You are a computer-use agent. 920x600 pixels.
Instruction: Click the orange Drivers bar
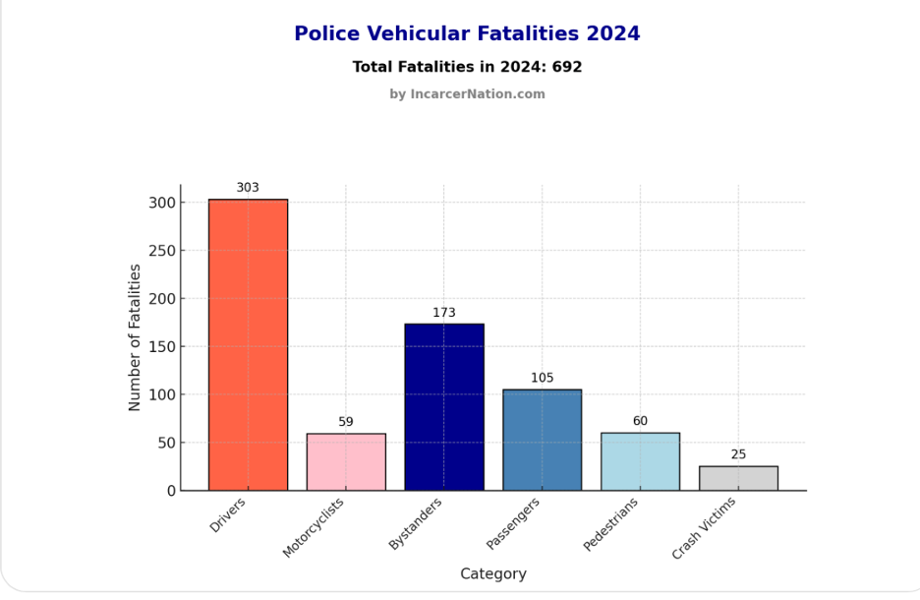[x=248, y=344]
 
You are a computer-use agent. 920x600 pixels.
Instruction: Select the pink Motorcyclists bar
[x=346, y=462]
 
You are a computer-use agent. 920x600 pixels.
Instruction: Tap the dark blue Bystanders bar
[x=444, y=406]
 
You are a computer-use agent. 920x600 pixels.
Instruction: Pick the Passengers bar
[x=542, y=440]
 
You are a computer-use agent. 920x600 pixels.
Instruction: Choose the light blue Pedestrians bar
[x=640, y=461]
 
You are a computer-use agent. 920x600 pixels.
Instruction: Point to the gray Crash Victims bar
[x=738, y=478]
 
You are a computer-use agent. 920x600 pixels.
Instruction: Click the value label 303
[x=248, y=188]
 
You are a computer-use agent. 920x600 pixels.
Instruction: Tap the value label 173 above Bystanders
[x=444, y=313]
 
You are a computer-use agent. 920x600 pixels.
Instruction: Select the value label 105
[x=542, y=378]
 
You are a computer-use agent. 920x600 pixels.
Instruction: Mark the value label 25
[x=738, y=454]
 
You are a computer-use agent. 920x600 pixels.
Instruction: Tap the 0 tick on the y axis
[x=171, y=490]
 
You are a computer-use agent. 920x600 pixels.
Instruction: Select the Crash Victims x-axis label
[x=704, y=529]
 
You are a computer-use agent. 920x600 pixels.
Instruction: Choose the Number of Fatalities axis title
[x=136, y=337]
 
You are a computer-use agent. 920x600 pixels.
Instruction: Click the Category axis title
[x=493, y=573]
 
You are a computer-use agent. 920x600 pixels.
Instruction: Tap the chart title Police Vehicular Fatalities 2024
[x=467, y=33]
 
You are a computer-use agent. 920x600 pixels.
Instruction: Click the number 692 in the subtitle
[x=567, y=67]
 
